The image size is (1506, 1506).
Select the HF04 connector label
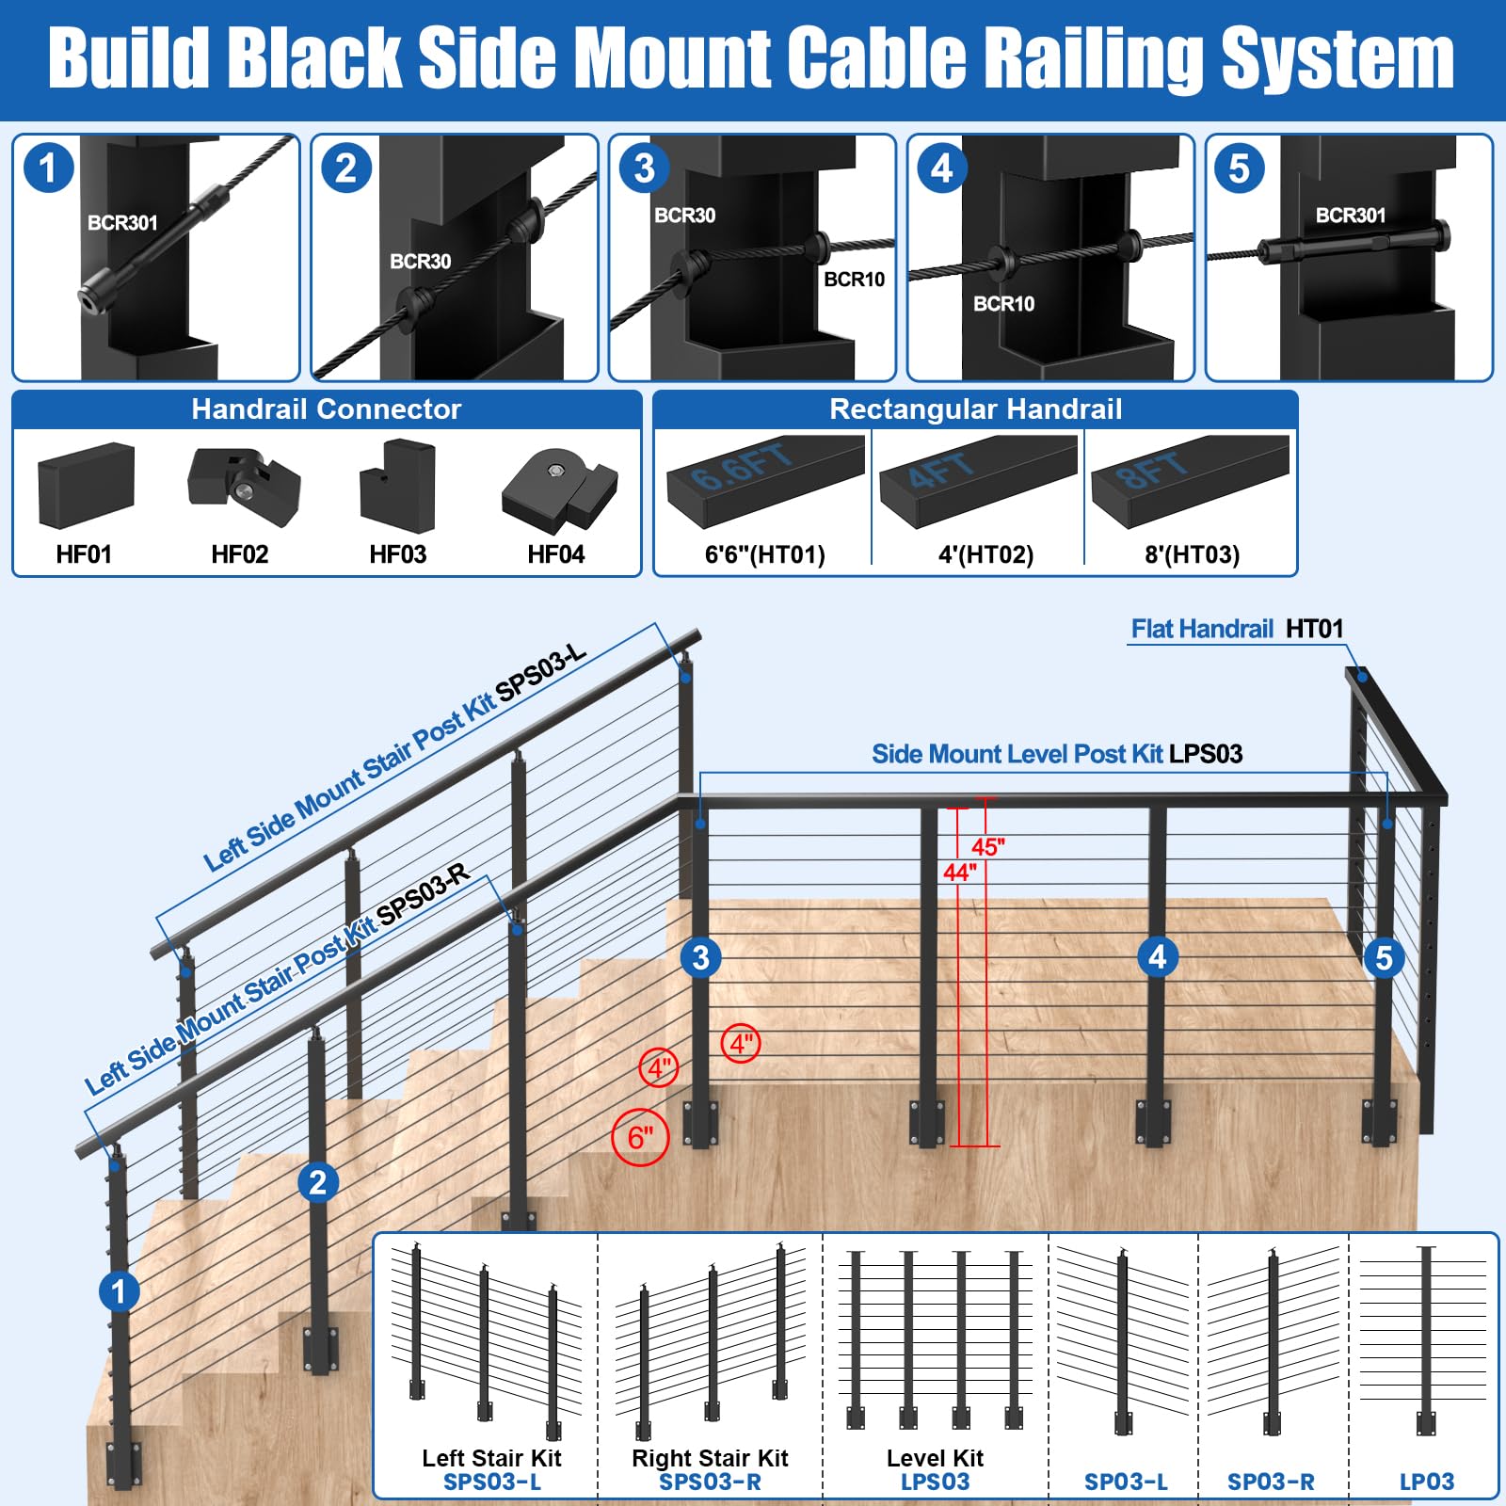tap(555, 554)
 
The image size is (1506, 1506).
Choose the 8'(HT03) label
tap(1192, 554)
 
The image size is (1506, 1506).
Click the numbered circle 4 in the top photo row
tap(941, 168)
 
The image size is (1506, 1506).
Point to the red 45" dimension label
tap(988, 846)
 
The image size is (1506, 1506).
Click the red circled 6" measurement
tap(640, 1137)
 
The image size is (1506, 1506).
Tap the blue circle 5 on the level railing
tap(1384, 957)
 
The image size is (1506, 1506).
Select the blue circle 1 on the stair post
tap(119, 1290)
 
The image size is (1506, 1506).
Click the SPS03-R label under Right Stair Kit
tap(710, 1482)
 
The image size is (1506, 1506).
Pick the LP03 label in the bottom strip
tap(1427, 1482)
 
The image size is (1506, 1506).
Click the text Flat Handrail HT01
tap(1237, 629)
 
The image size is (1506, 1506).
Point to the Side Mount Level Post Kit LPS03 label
tap(1057, 754)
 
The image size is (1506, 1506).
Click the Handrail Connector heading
tap(326, 409)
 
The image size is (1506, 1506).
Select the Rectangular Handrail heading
tap(975, 409)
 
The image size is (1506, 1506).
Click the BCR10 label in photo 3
tap(854, 279)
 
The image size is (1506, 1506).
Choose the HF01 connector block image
tap(86, 485)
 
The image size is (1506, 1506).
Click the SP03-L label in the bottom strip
tap(1126, 1482)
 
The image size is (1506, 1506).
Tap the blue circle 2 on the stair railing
tap(318, 1182)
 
